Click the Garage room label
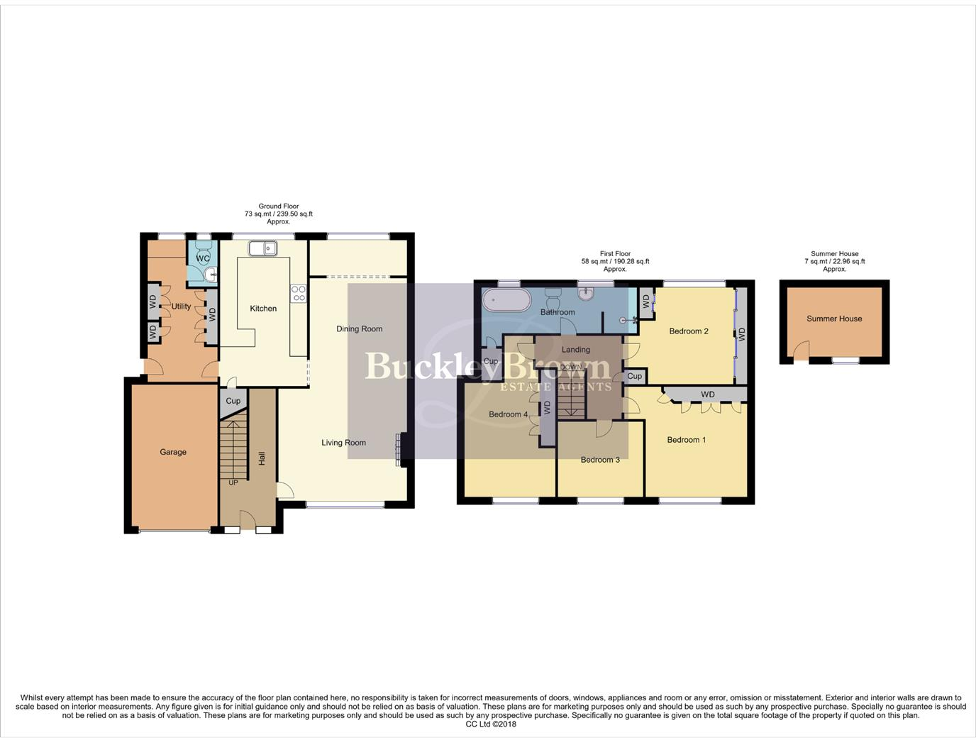[x=173, y=452]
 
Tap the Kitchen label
[x=263, y=309]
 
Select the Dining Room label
[x=359, y=329]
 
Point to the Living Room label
[x=343, y=443]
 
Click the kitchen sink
[x=262, y=248]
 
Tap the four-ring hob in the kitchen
[x=299, y=293]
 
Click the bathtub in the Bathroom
[x=506, y=300]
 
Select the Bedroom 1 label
[x=686, y=440]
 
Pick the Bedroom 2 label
[x=689, y=331]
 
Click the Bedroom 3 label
[x=600, y=460]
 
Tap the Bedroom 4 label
[x=508, y=414]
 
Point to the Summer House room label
[x=834, y=319]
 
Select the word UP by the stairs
[x=233, y=482]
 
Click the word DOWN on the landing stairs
[x=571, y=367]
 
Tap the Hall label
[x=262, y=458]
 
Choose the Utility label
[x=181, y=307]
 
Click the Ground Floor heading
[x=279, y=206]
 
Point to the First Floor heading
[x=615, y=254]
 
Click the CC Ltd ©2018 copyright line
[x=491, y=724]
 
